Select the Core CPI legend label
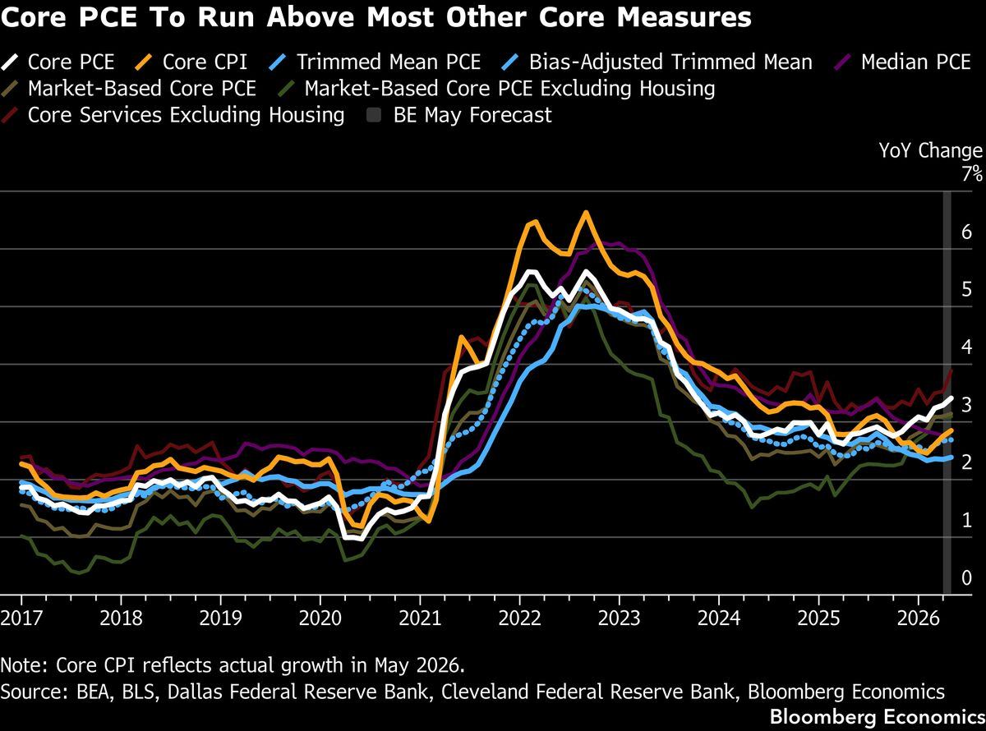[x=205, y=62]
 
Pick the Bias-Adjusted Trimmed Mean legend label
[x=670, y=62]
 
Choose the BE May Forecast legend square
[x=374, y=116]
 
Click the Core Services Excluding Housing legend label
[x=186, y=115]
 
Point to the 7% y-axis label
[x=972, y=174]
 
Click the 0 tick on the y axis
[x=966, y=577]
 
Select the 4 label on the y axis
[x=966, y=347]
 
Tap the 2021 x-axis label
[x=420, y=618]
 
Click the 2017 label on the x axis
[x=21, y=618]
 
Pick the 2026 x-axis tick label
[x=919, y=618]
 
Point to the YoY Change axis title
[x=930, y=150]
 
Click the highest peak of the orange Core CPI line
[x=586, y=213]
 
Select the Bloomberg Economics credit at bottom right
[x=878, y=716]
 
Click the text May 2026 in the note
[x=419, y=665]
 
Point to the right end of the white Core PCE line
[x=951, y=398]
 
